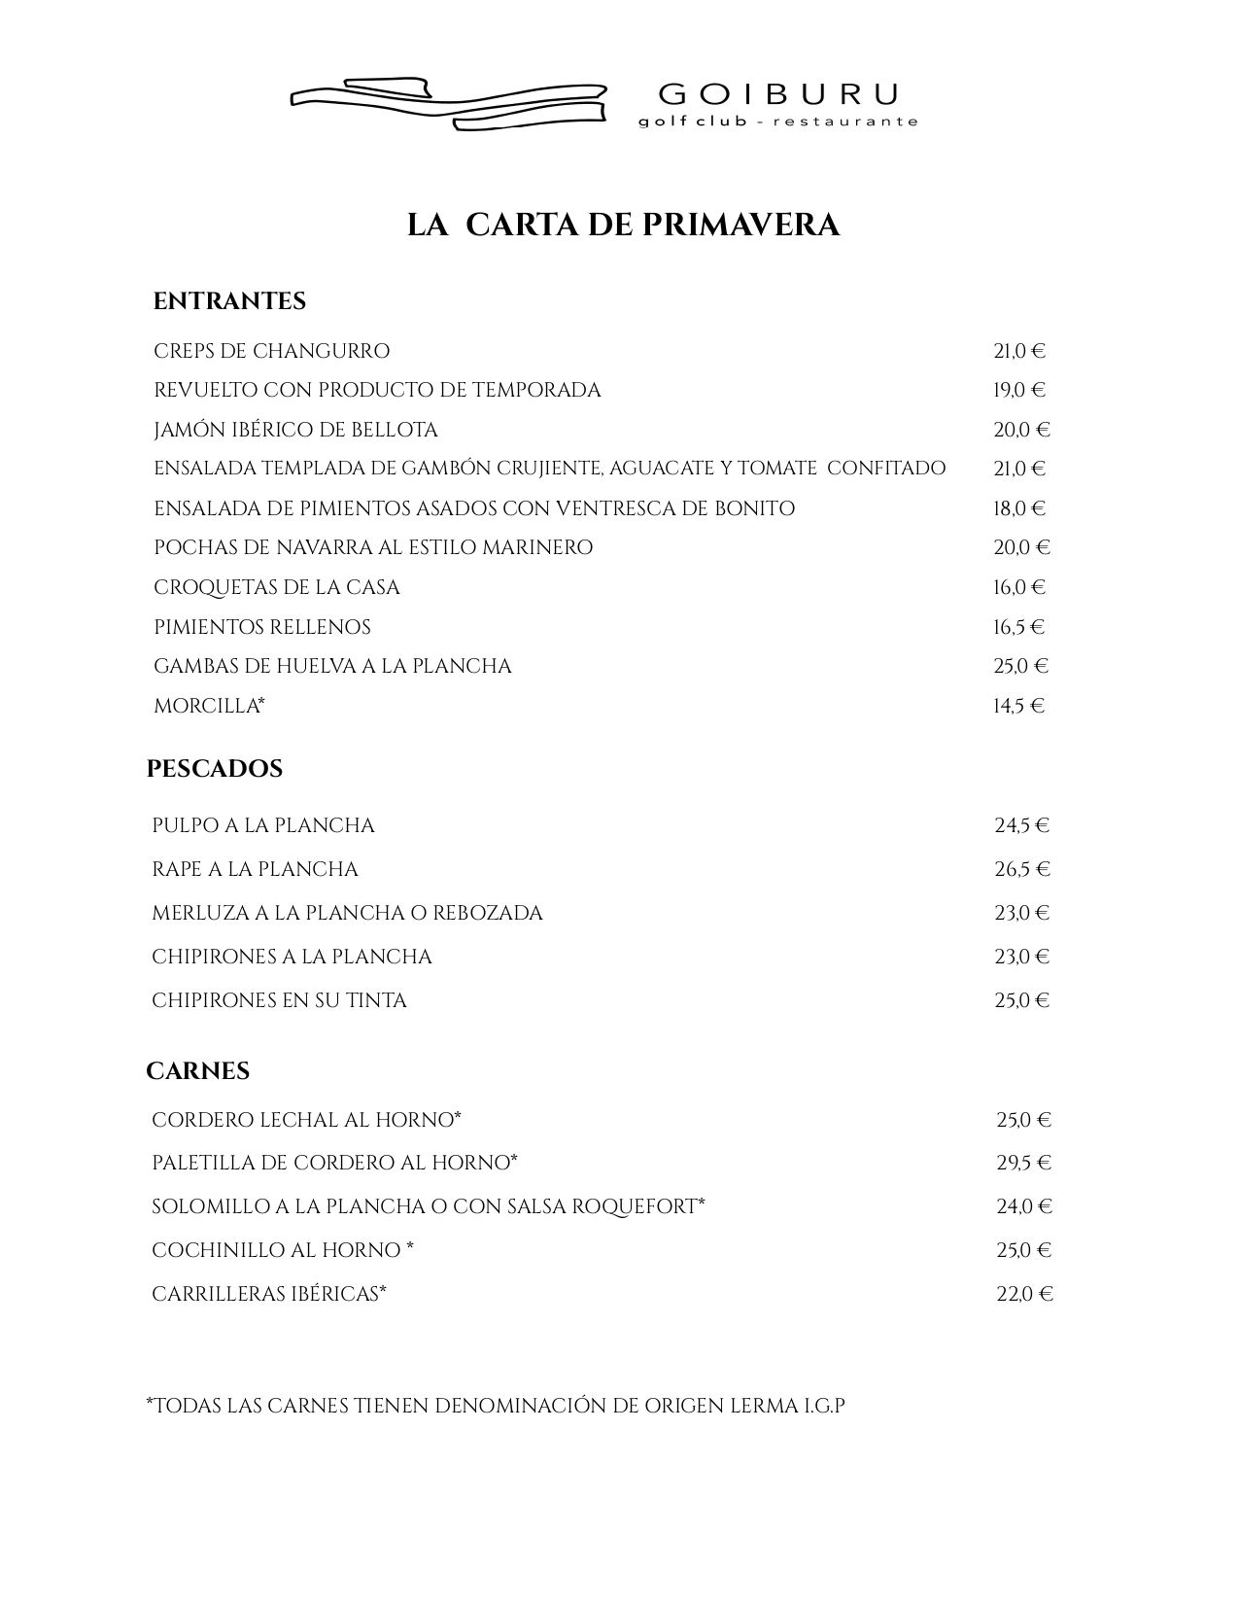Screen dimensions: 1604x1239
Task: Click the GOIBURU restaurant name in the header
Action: [x=778, y=94]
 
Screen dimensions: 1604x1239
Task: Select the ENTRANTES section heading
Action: [x=229, y=301]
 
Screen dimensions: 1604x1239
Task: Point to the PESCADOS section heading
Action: [x=215, y=769]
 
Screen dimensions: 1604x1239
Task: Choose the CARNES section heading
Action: [x=198, y=1071]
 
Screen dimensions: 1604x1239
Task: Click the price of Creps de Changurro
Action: [x=1018, y=351]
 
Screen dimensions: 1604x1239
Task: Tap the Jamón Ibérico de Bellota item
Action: [x=295, y=430]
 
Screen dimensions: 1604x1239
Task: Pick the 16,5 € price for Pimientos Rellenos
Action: [x=1018, y=627]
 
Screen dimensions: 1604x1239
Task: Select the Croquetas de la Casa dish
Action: [x=277, y=587]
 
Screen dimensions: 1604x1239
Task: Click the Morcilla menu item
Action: [x=209, y=706]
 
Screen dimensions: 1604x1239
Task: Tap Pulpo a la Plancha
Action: [x=263, y=825]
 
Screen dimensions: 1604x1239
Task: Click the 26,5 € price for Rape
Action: [x=1022, y=869]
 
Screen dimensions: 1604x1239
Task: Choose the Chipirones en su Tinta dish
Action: [x=279, y=1000]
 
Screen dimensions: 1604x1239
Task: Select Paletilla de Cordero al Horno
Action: [x=334, y=1163]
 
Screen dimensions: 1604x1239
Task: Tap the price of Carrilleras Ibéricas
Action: [x=1024, y=1294]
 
